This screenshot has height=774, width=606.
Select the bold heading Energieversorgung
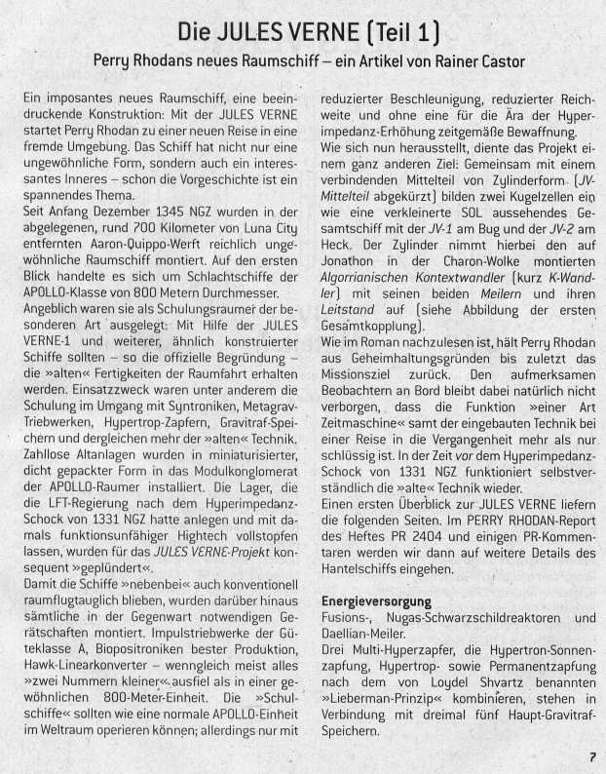click(377, 601)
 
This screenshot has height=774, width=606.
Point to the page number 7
click(591, 754)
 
